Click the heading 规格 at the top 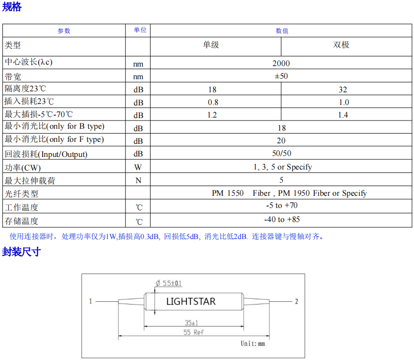[12, 7]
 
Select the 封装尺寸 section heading [21, 252]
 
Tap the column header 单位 [140, 30]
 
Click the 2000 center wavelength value [281, 63]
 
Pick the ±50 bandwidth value [281, 76]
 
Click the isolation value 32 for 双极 [343, 89]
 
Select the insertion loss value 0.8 [213, 102]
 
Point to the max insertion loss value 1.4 [343, 115]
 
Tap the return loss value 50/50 [282, 153]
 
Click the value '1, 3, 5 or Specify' [283, 167]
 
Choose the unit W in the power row [138, 167]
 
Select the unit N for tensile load [138, 180]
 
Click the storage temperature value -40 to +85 [282, 219]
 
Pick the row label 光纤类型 [21, 194]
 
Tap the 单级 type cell [211, 45]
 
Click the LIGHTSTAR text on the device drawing [191, 301]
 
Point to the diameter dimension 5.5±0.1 [169, 283]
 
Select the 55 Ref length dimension [193, 332]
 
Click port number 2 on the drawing [296, 301]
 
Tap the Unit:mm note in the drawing [253, 343]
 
